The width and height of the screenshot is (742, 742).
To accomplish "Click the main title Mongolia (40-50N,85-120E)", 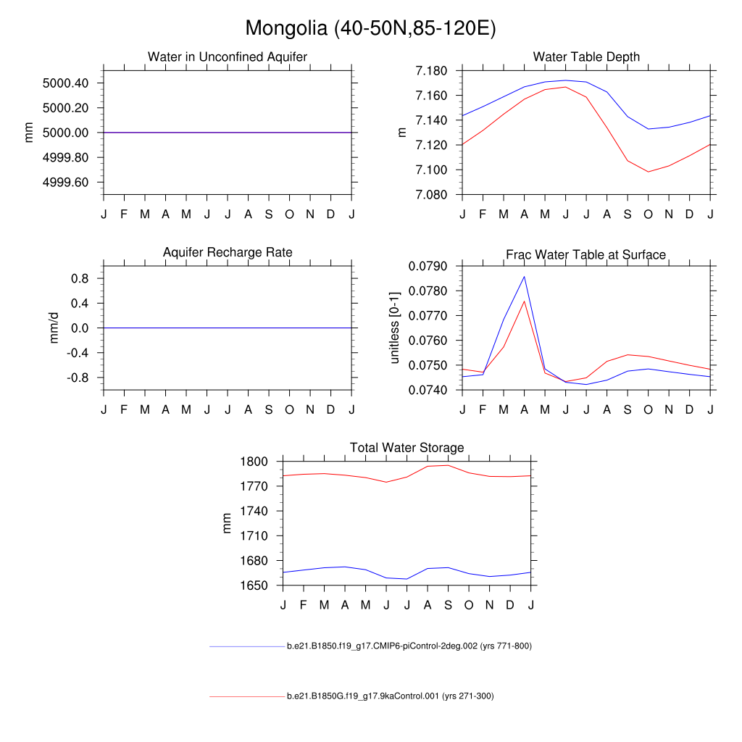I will pyautogui.click(x=370, y=28).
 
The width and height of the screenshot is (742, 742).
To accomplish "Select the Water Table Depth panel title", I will pyautogui.click(x=586, y=57).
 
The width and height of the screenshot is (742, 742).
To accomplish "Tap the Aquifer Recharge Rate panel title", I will pyautogui.click(x=228, y=252).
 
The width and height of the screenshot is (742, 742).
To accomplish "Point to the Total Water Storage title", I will pyautogui.click(x=407, y=448).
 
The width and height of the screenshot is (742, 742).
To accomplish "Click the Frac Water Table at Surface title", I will pyautogui.click(x=585, y=254).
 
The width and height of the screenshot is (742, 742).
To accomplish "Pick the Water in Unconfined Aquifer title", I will pyautogui.click(x=228, y=57).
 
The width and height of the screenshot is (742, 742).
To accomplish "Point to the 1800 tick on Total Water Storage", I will pyautogui.click(x=256, y=462).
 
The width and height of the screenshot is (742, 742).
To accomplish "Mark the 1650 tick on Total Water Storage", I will pyautogui.click(x=256, y=585).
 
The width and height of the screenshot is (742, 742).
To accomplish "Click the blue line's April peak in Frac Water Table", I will pyautogui.click(x=524, y=276).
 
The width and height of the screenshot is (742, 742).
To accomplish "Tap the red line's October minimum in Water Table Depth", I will pyautogui.click(x=649, y=172).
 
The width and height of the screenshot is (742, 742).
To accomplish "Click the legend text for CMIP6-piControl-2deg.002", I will pyautogui.click(x=409, y=646).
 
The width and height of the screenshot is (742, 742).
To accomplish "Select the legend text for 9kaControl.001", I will pyautogui.click(x=390, y=696).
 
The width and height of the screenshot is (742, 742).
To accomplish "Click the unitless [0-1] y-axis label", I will pyautogui.click(x=395, y=328).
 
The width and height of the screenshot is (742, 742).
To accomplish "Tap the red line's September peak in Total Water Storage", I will pyautogui.click(x=449, y=465).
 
